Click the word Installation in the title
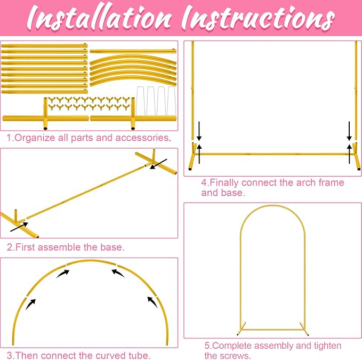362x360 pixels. [99, 19]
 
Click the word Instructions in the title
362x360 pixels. [258, 19]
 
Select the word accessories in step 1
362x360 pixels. [142, 138]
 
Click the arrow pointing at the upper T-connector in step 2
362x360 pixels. [158, 164]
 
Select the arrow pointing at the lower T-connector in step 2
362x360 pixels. [19, 227]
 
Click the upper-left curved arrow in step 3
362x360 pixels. [62, 274]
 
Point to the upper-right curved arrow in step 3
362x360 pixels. [118, 273]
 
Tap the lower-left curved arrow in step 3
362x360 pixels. [30, 305]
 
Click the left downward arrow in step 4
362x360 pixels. [199, 131]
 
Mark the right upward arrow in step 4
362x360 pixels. [349, 154]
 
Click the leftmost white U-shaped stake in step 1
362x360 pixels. [141, 101]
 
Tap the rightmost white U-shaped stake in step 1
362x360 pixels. [172, 101]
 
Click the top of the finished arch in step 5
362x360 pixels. [272, 205]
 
